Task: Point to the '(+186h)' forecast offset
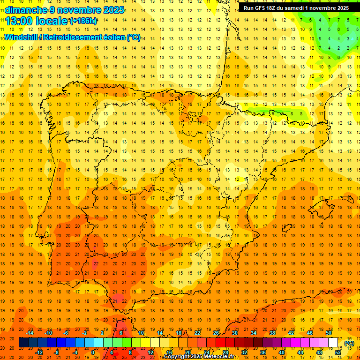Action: (x=83, y=21)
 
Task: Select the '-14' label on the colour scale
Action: (x=30, y=333)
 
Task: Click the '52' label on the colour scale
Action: (x=337, y=352)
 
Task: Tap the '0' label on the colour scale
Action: (x=93, y=352)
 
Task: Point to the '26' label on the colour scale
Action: (x=216, y=333)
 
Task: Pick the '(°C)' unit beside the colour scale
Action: (x=349, y=343)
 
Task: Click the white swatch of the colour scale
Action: (x=333, y=343)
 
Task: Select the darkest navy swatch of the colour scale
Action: (x=23, y=343)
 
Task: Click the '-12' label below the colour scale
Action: (x=39, y=352)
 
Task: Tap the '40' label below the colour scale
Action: (x=281, y=352)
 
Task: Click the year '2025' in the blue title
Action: (x=113, y=10)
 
